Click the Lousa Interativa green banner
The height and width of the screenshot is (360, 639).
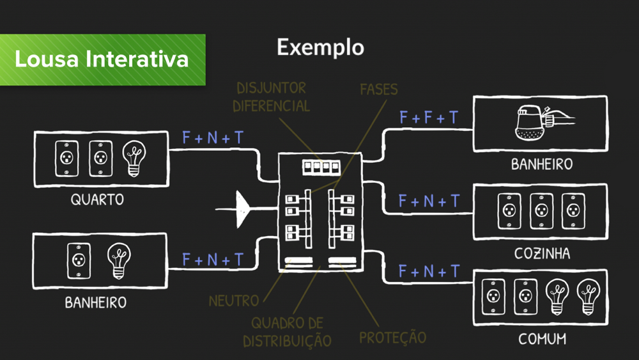click(x=102, y=59)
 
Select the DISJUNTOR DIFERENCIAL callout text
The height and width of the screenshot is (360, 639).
click(x=271, y=97)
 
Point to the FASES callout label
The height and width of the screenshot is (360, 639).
click(x=378, y=89)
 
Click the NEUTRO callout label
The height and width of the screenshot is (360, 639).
click(x=234, y=300)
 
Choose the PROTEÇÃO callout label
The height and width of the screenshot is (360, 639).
click(x=392, y=336)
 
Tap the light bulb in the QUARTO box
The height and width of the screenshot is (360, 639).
click(x=134, y=157)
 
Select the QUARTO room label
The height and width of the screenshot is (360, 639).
click(x=97, y=200)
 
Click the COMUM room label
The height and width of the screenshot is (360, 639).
click(x=541, y=339)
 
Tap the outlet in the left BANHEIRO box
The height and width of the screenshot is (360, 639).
click(x=77, y=260)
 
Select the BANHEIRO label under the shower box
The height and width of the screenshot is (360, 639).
click(x=541, y=164)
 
